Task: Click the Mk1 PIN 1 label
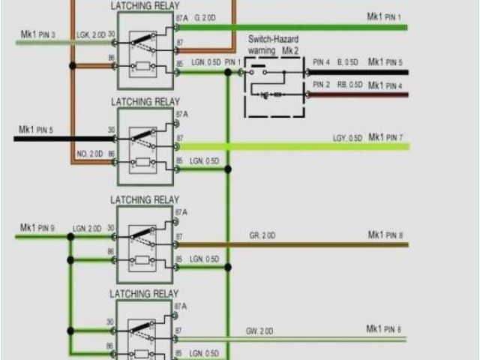click(384, 16)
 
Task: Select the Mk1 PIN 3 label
click(37, 34)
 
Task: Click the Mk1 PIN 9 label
click(37, 226)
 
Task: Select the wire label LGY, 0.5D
click(348, 138)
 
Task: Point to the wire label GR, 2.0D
click(262, 235)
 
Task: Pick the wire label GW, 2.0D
click(259, 330)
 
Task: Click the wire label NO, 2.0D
click(89, 154)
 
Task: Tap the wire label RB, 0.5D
click(349, 86)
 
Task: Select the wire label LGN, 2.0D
click(86, 227)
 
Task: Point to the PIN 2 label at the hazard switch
click(322, 85)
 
